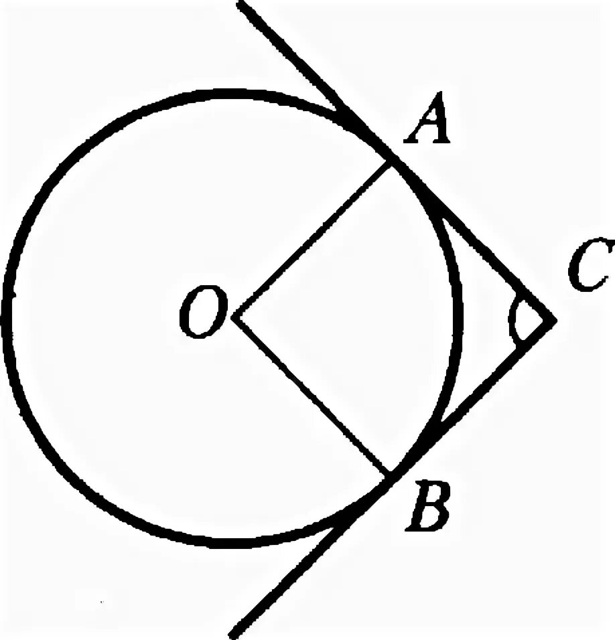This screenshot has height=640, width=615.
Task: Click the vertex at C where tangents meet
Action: click(x=554, y=320)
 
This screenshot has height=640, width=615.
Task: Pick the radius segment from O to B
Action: click(x=313, y=396)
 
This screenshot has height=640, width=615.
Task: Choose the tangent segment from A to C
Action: click(x=473, y=241)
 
